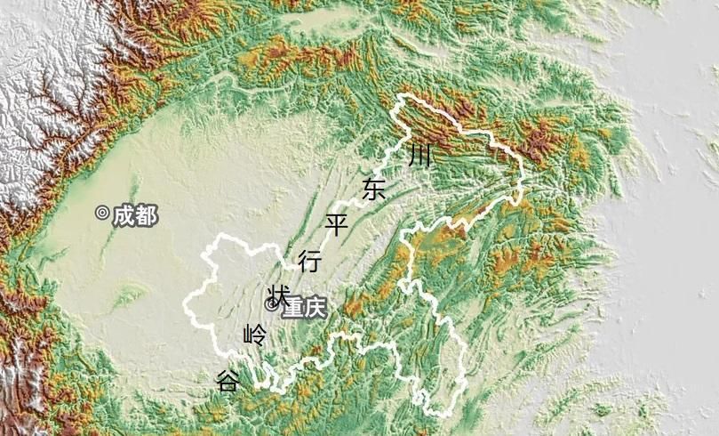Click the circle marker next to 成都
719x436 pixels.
(x=102, y=213)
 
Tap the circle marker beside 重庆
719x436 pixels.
(x=272, y=304)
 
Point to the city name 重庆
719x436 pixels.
(x=305, y=308)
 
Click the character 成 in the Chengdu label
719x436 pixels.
(x=124, y=215)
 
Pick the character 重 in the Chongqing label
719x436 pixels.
(x=293, y=308)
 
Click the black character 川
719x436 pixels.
(x=420, y=157)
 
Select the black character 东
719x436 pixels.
(x=374, y=189)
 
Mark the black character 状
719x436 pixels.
(x=278, y=295)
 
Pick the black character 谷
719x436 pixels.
(x=228, y=381)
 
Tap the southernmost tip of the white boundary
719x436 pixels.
(x=438, y=416)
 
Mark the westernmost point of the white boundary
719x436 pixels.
(x=184, y=305)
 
